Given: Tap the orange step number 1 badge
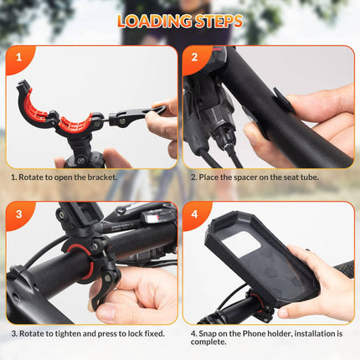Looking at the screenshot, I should point(18,59).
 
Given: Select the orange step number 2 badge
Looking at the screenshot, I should point(195,59).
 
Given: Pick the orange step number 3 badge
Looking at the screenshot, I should point(18,214).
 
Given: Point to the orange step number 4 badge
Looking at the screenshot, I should point(195,214).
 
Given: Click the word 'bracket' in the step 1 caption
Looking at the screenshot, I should point(104,177).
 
